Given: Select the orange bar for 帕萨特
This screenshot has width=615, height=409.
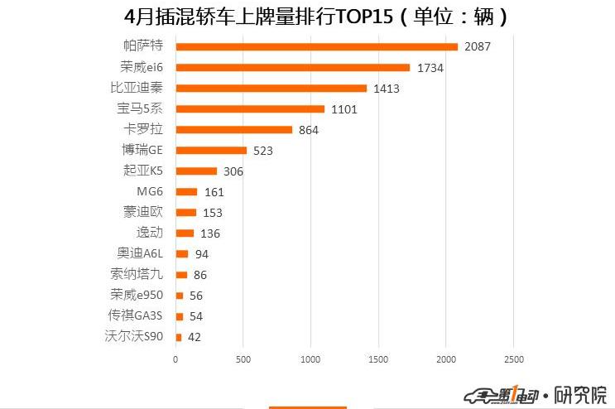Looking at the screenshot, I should tap(316, 46).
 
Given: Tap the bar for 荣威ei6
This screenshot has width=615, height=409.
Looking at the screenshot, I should tap(292, 67).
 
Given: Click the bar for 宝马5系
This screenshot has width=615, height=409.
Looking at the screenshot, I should tap(250, 108).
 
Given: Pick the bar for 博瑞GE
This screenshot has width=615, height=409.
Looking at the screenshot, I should tap(211, 150).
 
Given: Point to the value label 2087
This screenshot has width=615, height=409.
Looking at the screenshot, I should tap(478, 46).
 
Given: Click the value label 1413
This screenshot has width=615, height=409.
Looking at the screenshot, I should tap(387, 88).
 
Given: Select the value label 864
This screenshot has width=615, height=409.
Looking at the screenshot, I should tap(309, 129).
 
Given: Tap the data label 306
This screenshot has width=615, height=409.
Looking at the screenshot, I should tap(233, 171).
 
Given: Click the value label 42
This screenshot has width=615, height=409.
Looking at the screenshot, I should tap(195, 337).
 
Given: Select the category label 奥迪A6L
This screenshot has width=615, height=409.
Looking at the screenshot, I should tap(141, 253).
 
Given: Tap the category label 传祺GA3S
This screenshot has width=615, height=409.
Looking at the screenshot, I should tap(136, 315).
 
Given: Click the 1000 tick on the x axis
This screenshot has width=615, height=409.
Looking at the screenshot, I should tap(310, 359).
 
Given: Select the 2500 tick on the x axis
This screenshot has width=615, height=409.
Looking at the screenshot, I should tap(513, 359).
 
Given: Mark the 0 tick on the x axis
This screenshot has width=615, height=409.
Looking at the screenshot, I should tap(175, 359).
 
